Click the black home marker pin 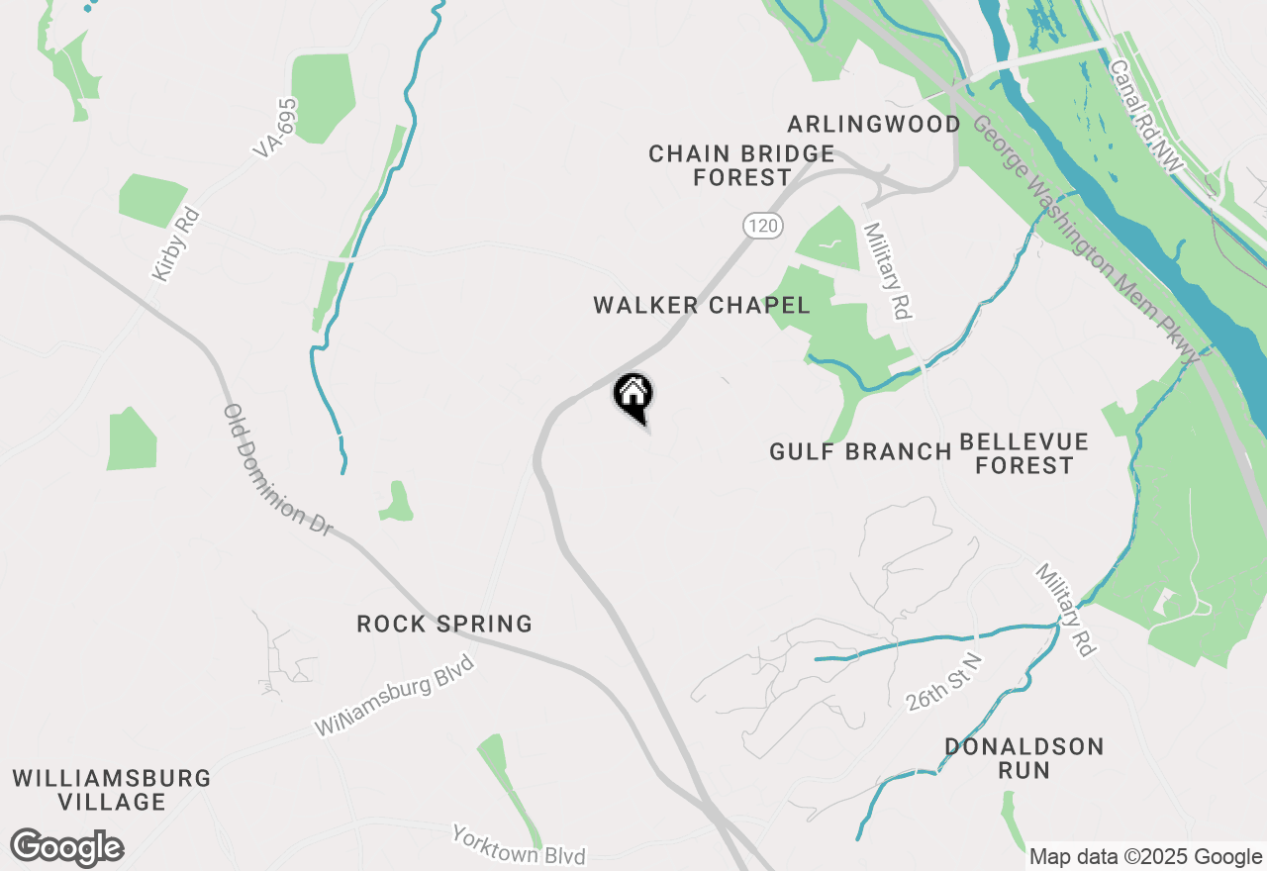(x=633, y=396)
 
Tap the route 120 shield (x=762, y=227)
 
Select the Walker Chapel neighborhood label (x=702, y=305)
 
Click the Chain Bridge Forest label (x=741, y=166)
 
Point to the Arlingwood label (x=874, y=124)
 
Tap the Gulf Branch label (x=860, y=452)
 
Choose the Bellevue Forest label (x=1023, y=453)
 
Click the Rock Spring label (x=444, y=625)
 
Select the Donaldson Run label (x=1023, y=758)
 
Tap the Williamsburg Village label (x=112, y=790)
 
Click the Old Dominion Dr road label (x=277, y=470)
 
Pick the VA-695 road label (x=275, y=128)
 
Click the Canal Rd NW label (x=1146, y=117)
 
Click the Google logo (x=67, y=847)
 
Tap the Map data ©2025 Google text (x=1145, y=857)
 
